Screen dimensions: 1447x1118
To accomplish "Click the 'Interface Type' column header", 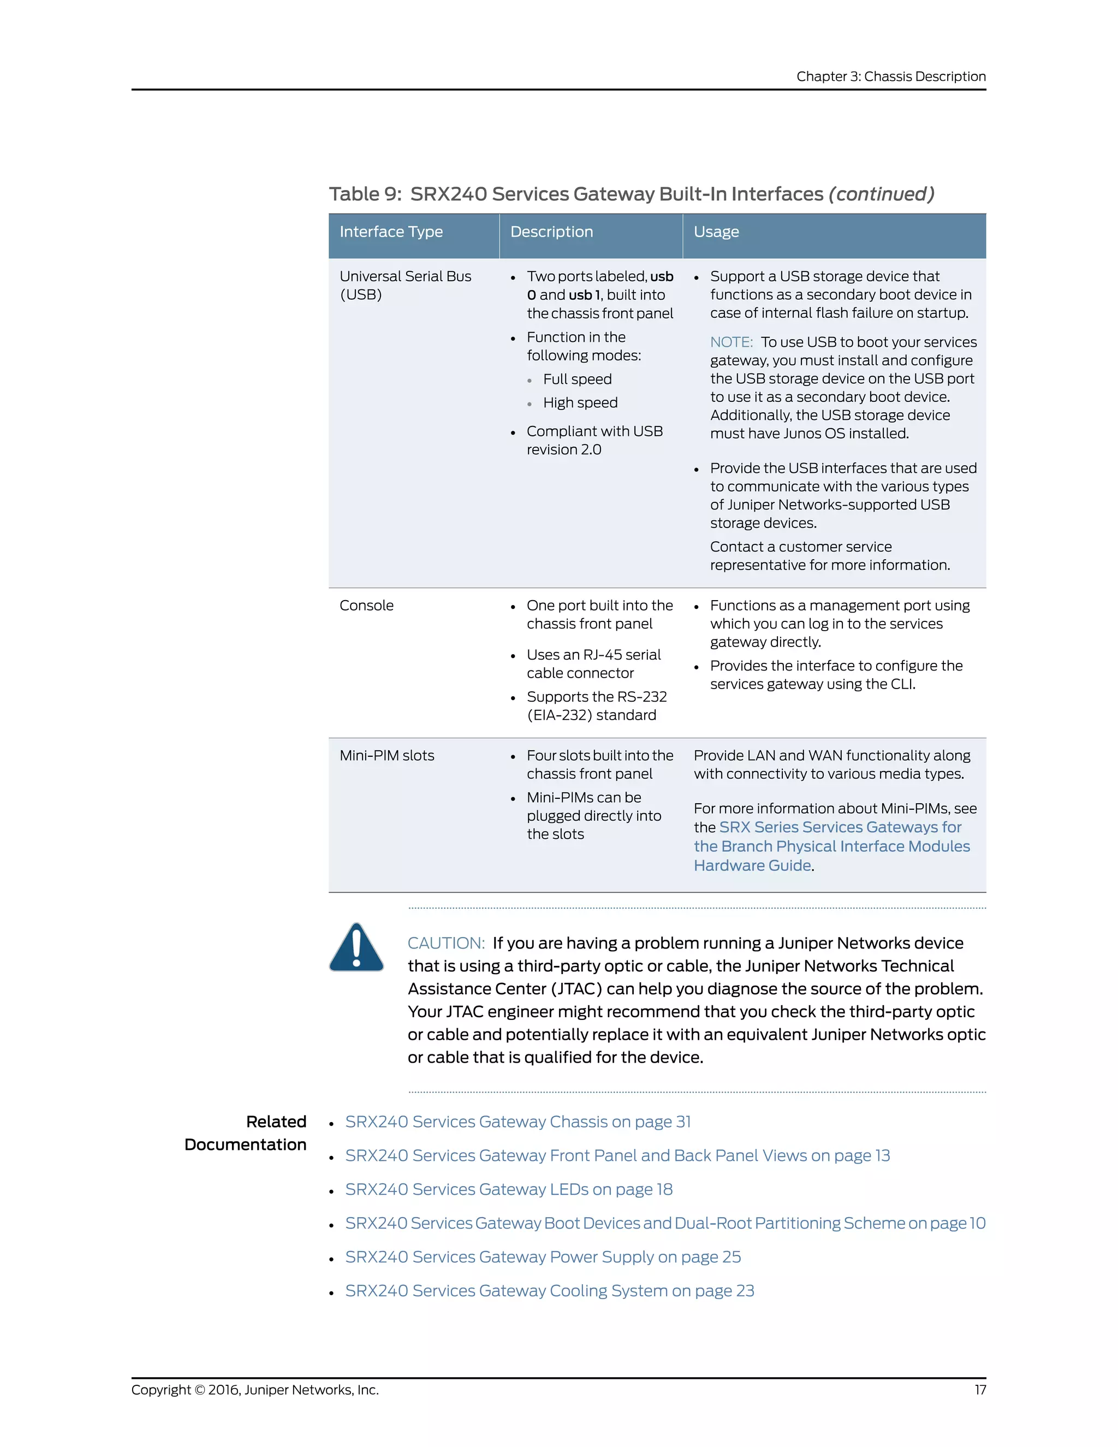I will (x=391, y=232).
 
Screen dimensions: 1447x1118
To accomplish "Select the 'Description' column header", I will (x=551, y=232).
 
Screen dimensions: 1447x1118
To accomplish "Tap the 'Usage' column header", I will (x=716, y=232).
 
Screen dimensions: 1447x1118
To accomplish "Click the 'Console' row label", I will (x=366, y=606).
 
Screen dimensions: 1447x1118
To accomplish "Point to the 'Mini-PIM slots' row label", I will (x=387, y=755).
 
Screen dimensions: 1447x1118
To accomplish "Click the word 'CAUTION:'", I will (x=446, y=943).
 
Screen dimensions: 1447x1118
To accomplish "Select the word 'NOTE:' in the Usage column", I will (x=731, y=342).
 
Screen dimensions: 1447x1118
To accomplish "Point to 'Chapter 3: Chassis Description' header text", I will (x=891, y=76).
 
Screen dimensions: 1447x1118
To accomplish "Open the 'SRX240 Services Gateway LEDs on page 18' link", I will (x=509, y=1189).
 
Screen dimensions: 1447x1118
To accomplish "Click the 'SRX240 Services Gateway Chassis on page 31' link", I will (x=518, y=1122).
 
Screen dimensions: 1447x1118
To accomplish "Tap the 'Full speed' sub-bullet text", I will (x=577, y=379).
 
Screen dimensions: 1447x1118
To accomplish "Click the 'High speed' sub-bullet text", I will (x=580, y=403).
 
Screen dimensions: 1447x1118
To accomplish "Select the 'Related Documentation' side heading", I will (x=246, y=1133).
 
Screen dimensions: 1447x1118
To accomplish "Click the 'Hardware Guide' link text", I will (x=752, y=865).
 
